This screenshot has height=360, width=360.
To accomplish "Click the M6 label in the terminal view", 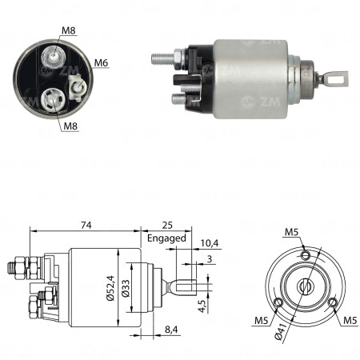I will [x=101, y=62].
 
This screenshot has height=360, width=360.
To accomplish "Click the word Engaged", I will [x=166, y=238].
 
